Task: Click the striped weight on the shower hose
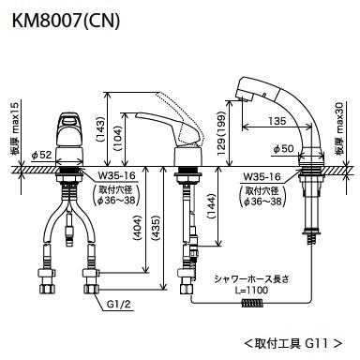(249, 305)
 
